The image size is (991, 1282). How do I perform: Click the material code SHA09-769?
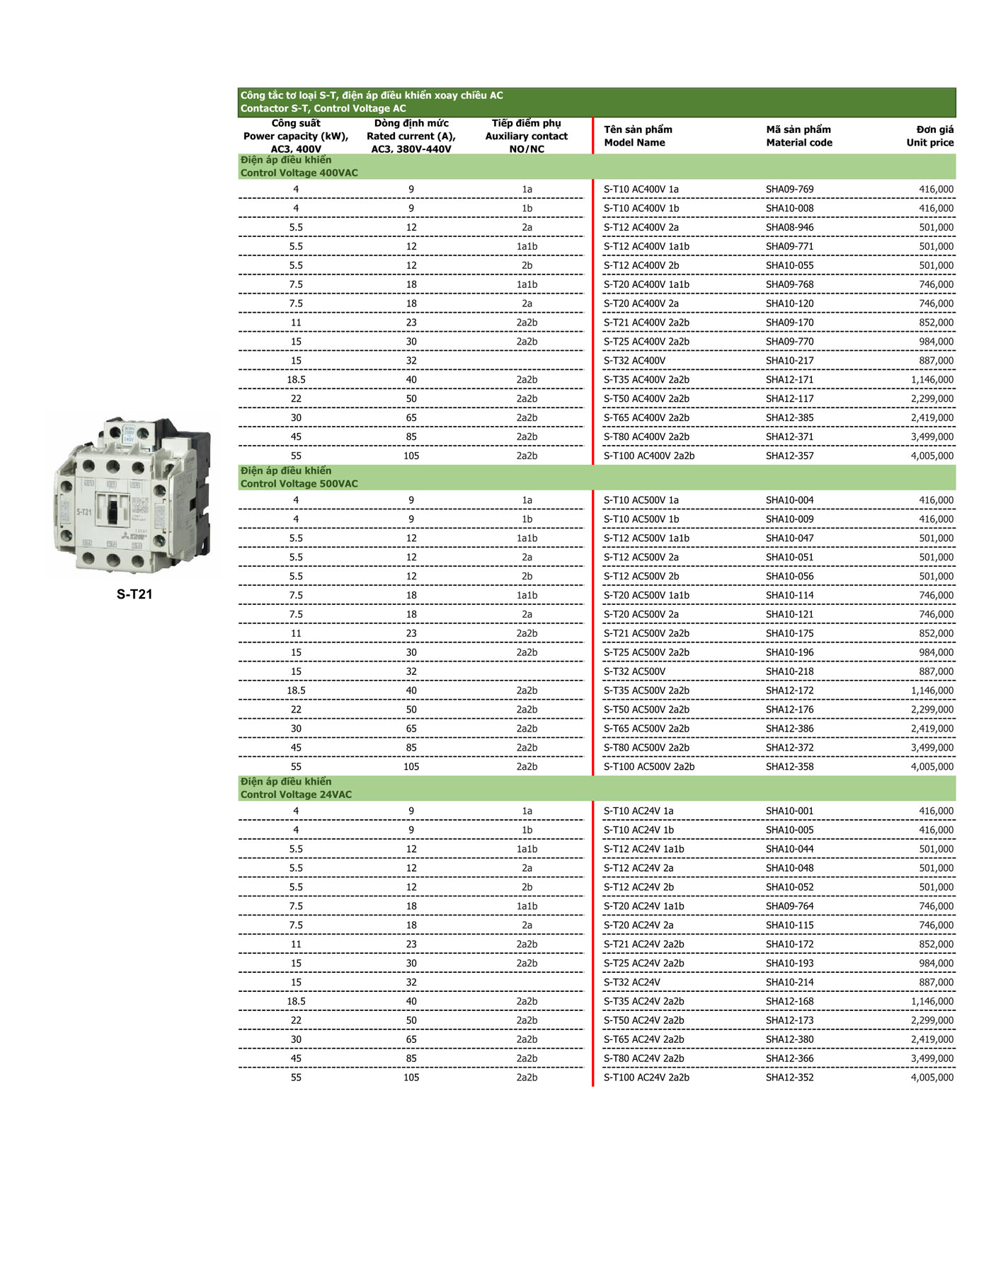[789, 190]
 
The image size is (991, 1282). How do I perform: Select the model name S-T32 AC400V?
[634, 361]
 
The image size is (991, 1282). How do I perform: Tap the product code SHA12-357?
[789, 456]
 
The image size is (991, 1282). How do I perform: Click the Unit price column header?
[929, 136]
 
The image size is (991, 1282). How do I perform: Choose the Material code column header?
[798, 136]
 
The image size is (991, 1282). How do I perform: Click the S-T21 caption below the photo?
[134, 594]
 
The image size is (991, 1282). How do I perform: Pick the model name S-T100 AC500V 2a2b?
[648, 767]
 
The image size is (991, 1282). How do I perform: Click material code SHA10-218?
[789, 672]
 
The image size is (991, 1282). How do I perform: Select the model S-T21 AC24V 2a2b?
[643, 945]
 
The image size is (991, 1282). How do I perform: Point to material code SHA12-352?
[789, 1078]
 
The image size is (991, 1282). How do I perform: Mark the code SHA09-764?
[789, 906]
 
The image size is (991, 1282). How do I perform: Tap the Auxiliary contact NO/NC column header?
[526, 136]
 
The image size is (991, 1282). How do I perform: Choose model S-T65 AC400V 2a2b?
[646, 418]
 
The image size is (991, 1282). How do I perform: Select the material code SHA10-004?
[789, 500]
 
